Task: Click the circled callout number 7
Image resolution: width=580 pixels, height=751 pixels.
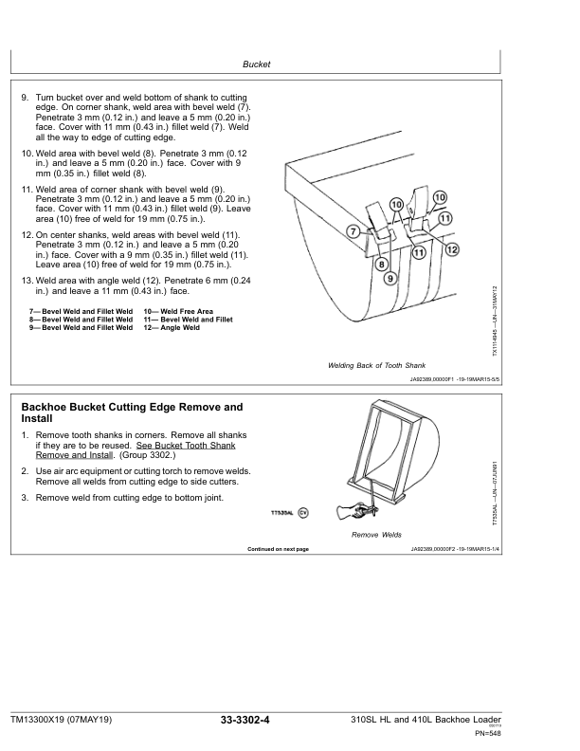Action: click(x=353, y=230)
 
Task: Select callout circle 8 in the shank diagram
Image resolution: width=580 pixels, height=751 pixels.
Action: click(x=381, y=265)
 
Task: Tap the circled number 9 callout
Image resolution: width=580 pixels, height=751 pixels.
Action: click(x=390, y=278)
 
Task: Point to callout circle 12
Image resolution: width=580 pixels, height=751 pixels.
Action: click(x=452, y=249)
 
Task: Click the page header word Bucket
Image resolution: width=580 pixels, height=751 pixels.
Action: click(x=256, y=64)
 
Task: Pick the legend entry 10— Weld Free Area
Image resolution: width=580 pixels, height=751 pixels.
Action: click(x=178, y=311)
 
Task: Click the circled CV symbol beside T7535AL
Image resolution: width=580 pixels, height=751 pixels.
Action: click(x=303, y=512)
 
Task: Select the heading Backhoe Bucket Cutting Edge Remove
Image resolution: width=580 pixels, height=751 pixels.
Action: click(x=132, y=407)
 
